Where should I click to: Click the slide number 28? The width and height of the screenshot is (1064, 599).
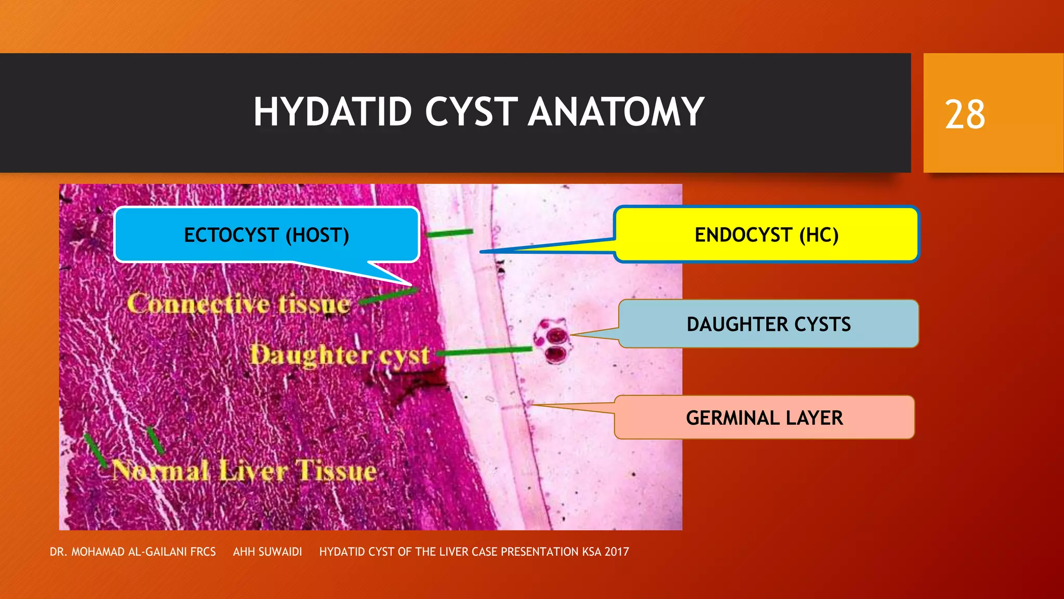coord(965,114)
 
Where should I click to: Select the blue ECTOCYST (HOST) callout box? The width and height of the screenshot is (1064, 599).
coord(267,235)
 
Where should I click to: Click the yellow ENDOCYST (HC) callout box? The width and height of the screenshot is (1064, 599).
coord(766,235)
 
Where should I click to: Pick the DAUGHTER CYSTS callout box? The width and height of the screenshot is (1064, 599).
coord(768,324)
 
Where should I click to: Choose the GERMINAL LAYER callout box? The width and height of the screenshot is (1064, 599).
coord(764,418)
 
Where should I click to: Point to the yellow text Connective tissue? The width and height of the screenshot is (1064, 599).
coord(238,304)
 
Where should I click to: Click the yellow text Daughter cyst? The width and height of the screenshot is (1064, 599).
coord(340,356)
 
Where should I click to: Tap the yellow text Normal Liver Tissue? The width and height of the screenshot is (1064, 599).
coord(244,471)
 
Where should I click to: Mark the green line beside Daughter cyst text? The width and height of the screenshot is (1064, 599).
coord(486,351)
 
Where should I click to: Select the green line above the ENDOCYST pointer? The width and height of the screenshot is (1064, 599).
coord(450,233)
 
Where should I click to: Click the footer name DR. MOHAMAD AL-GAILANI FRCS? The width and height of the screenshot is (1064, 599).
coord(132,552)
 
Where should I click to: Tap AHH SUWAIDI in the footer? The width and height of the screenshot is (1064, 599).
coord(267,552)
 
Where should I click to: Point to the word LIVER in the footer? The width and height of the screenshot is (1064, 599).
coord(454,552)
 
